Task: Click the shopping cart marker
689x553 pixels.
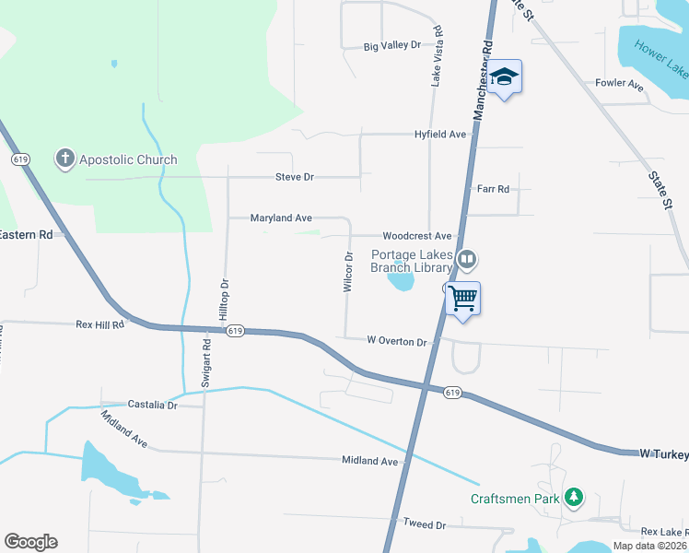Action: pos(463,299)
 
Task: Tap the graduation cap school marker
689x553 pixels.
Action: pos(504,76)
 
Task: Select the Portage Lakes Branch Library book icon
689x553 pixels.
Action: pos(467,261)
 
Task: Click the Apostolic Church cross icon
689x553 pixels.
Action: pos(64,159)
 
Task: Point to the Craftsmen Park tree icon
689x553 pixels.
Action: pos(574,499)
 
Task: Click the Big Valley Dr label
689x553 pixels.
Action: pos(391,45)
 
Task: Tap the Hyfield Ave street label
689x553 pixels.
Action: pos(439,135)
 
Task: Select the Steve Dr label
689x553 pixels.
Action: pos(295,177)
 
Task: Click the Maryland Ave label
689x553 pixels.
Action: pos(281,218)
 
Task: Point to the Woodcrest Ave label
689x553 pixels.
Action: pos(417,237)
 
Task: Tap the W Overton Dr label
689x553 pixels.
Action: pos(397,341)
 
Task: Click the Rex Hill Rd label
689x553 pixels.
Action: pos(99,324)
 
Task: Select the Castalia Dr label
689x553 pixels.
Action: pos(152,405)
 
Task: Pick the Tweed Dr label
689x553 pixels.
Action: pos(424,524)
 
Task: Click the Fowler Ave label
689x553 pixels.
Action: pos(619,84)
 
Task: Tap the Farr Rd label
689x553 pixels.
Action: pos(493,189)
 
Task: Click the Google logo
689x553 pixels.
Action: pos(30,542)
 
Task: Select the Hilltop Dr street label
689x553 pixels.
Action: pos(223,298)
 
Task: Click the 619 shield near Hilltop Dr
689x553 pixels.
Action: pos(236,331)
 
